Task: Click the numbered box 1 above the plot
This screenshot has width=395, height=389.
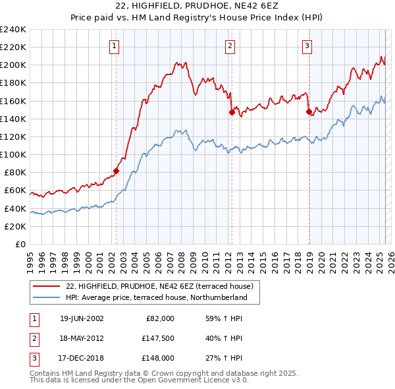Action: click(x=115, y=45)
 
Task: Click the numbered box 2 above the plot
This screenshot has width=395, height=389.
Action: click(x=230, y=45)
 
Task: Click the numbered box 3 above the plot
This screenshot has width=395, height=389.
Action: click(x=307, y=45)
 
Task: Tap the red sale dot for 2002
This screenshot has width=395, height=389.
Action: click(x=116, y=171)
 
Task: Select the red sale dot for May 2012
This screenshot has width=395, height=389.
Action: click(x=232, y=112)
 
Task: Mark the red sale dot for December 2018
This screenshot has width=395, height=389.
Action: click(x=309, y=112)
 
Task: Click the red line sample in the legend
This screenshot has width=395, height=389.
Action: click(x=46, y=285)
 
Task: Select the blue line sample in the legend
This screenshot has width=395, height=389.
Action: click(x=46, y=297)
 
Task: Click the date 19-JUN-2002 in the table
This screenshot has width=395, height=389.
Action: click(x=82, y=318)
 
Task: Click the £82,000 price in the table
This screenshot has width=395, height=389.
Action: click(x=162, y=318)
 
